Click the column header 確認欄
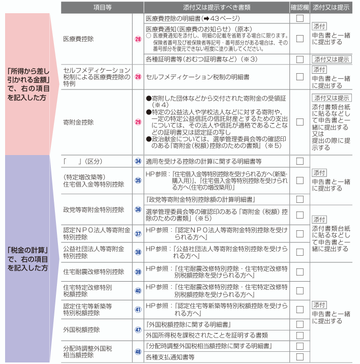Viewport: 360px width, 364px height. point(299,8)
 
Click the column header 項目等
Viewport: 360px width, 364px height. point(96,8)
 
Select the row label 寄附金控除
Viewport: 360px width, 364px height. point(78,122)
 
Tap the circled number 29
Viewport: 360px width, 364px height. point(138,122)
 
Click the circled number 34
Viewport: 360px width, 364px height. point(138,161)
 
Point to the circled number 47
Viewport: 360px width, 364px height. point(138,329)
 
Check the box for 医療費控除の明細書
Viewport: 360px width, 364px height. point(300,18)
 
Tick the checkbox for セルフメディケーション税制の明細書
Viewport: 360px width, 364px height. point(300,77)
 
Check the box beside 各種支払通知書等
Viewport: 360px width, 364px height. point(300,357)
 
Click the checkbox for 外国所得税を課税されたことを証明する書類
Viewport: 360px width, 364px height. point(300,335)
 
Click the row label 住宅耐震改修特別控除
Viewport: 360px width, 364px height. point(94,271)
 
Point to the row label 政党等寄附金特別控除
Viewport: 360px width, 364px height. point(94,209)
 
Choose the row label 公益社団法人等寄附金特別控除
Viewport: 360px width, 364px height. point(94,252)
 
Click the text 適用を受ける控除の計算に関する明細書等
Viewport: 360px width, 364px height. point(203,161)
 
